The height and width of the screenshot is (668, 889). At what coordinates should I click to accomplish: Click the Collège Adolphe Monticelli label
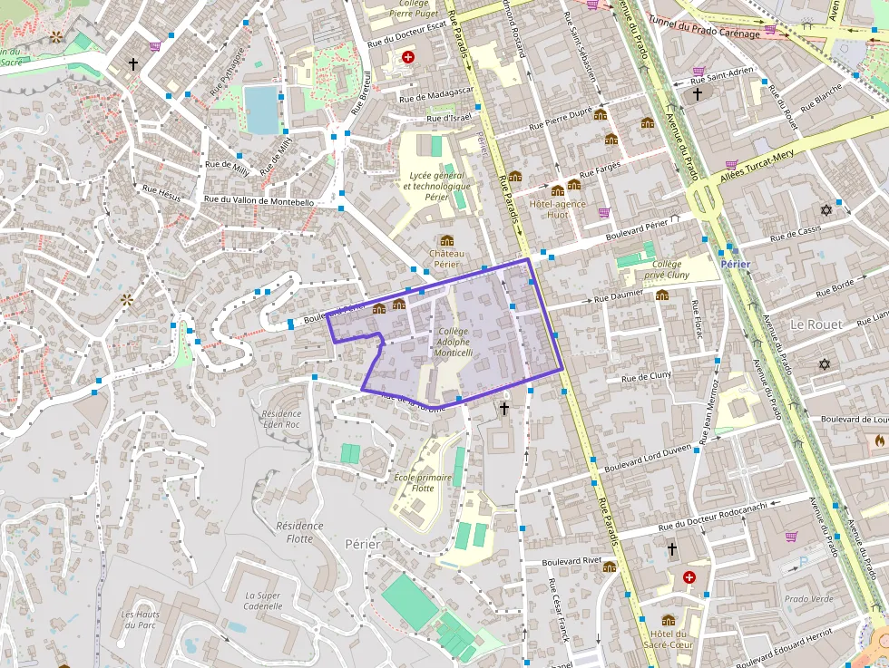pos(453,342)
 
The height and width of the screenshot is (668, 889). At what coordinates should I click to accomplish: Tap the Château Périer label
pos(446,259)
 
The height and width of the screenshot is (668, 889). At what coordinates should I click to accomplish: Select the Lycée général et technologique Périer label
pos(437,186)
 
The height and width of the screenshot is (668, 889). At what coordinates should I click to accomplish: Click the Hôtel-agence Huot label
pos(557,209)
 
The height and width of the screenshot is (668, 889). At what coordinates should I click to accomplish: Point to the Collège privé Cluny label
pos(667,269)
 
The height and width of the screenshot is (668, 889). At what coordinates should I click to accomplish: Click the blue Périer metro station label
pos(735,264)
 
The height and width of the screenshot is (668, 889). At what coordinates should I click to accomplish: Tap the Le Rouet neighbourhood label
pos(816,324)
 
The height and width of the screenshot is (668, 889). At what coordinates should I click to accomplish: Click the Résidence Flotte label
pos(299,532)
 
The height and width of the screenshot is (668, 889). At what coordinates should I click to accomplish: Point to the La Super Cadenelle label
pos(263,601)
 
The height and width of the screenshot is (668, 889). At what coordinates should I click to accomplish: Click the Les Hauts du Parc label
pos(141,619)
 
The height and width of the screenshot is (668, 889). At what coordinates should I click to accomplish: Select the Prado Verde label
pos(808,599)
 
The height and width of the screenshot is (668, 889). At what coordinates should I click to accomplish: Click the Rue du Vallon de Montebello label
pos(259,201)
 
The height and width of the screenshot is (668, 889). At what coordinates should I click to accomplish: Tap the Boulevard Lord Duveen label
pos(648,457)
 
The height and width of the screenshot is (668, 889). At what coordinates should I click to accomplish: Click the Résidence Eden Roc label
pos(280,419)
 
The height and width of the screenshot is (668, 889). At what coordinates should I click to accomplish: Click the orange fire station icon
pos(879,440)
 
